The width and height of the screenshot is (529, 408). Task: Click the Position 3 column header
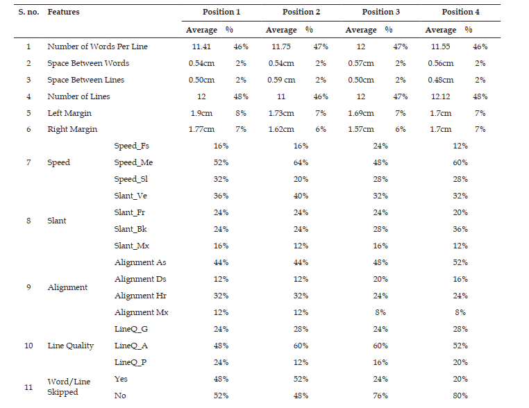pos(381,12)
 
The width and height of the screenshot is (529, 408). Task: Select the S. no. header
pos(28,12)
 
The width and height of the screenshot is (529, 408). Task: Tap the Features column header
pos(63,12)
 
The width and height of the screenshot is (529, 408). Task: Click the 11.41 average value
pos(201,46)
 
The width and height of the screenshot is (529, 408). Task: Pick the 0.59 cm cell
pos(281,80)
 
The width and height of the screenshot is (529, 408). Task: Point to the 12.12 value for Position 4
pos(441,96)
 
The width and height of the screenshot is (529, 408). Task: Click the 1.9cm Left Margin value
pos(201,113)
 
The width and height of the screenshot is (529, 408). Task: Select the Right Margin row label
pos(72,130)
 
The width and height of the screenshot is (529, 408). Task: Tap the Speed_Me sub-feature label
pos(133,162)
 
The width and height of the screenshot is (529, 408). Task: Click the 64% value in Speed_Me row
pos(301,162)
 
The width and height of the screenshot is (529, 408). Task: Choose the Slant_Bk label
pos(131,229)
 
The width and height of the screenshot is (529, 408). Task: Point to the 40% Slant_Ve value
pos(301,196)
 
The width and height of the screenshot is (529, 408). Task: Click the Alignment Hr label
pos(140,296)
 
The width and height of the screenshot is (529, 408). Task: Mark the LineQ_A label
pos(131,346)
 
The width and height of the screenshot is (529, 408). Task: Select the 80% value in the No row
pos(460,396)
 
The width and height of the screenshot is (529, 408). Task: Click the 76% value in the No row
pos(380,396)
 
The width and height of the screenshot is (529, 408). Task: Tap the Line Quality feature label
pos(71,346)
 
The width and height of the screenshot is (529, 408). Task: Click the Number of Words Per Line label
pos(97,46)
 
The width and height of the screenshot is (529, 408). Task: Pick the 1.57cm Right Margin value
pos(361,130)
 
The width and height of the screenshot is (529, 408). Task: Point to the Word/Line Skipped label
pos(69,386)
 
